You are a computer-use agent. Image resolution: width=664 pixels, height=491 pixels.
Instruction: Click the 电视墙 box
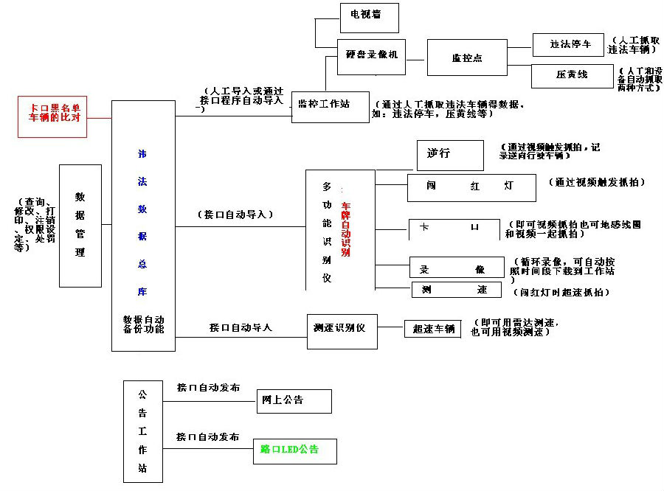pos(369,17)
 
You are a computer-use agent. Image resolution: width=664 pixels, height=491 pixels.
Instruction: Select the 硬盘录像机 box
pos(372,56)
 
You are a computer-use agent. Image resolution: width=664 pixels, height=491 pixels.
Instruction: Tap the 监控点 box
pos(467,58)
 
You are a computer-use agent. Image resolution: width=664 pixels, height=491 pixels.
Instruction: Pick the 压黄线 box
pos(571,76)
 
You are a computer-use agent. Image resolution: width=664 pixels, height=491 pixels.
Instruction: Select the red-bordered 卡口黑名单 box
pos(52,116)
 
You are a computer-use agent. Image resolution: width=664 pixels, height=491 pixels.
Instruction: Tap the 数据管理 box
pos(80,226)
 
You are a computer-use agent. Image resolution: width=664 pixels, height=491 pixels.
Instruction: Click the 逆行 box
pos(449,155)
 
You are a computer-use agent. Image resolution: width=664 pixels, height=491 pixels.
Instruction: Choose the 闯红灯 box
pos(471,187)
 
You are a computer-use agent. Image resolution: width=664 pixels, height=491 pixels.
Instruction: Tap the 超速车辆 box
pos(432,329)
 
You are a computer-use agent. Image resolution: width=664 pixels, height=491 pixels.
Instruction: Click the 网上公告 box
pos(294,401)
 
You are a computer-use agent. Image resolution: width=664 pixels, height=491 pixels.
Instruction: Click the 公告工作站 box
pos(143,431)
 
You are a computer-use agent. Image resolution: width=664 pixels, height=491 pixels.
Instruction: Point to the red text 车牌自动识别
pos(345,229)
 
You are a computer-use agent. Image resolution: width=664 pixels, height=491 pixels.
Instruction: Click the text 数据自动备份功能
pos(144,327)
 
